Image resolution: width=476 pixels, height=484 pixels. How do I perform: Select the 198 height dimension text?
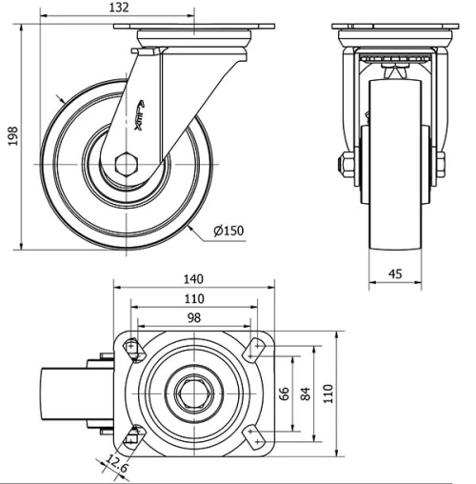(x=12, y=139)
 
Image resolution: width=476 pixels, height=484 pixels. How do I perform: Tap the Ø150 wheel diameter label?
(x=230, y=232)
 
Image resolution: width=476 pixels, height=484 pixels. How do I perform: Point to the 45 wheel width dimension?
(x=394, y=274)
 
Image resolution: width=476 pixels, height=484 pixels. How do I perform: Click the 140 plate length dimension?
(x=194, y=279)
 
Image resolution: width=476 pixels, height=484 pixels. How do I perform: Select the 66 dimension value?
(x=283, y=393)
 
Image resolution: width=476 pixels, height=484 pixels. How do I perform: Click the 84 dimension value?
(x=305, y=393)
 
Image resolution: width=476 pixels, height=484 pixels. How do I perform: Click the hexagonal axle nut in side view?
(x=125, y=164)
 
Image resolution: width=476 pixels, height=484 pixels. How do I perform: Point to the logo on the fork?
(x=144, y=112)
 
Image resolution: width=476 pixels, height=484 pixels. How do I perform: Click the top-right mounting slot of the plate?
(x=254, y=350)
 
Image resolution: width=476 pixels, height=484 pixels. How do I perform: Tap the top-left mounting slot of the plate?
(x=131, y=349)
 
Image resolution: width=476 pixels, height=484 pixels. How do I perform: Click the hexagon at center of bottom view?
(x=193, y=393)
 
